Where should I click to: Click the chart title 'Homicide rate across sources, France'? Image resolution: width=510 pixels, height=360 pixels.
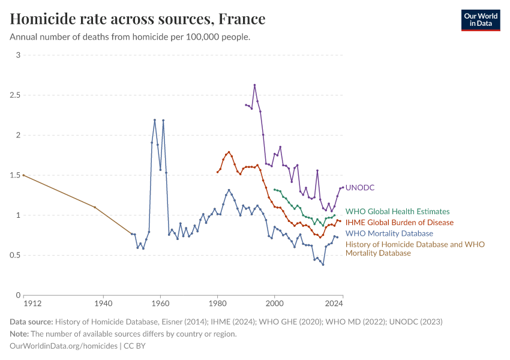coord(138,19)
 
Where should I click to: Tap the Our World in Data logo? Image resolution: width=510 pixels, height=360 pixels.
coord(480,20)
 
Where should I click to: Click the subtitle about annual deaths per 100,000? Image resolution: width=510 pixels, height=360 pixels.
coord(130,37)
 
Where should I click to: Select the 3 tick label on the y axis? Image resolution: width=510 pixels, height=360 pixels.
coord(18,55)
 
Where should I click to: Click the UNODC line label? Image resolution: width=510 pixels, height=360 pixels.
coord(360,188)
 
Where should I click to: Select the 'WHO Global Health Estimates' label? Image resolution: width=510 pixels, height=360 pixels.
coord(397,211)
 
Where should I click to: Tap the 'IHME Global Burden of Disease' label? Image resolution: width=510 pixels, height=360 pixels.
coord(400,223)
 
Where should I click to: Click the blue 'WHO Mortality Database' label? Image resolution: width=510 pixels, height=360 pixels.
coord(389,233)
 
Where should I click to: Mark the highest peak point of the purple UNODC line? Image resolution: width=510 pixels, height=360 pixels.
coord(254,85)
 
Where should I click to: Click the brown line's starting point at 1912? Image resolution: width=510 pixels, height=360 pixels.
coord(23,175)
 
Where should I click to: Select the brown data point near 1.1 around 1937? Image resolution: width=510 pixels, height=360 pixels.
coord(95,207)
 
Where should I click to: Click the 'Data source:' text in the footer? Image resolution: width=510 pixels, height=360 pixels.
coord(31,322)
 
